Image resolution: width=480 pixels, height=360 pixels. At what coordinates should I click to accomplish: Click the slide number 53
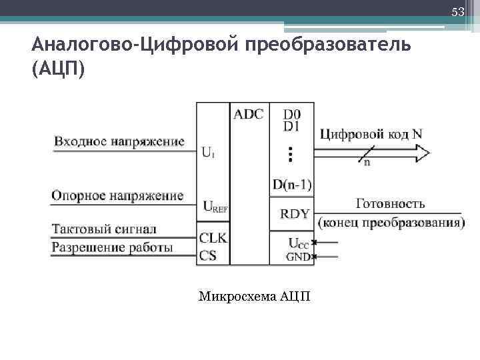(x=457, y=13)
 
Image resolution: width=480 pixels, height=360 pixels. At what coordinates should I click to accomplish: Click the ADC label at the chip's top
(x=248, y=113)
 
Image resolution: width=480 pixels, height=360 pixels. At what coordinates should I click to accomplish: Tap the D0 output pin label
(x=291, y=114)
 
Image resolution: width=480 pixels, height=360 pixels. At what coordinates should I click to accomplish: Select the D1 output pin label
(x=291, y=125)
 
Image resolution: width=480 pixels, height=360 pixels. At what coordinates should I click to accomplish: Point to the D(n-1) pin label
(x=292, y=184)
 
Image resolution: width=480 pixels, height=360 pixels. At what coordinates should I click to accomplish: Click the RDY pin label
(x=294, y=214)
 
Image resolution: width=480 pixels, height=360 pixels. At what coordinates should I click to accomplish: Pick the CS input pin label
(x=208, y=255)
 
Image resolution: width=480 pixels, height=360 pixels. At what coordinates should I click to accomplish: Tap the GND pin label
(x=298, y=257)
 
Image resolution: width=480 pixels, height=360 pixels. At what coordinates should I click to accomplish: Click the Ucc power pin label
(x=298, y=243)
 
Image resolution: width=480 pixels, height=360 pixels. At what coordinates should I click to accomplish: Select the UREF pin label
(x=214, y=207)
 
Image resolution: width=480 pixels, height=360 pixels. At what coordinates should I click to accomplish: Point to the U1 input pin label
(x=208, y=152)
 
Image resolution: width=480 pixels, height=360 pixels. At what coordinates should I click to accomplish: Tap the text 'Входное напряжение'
(x=119, y=141)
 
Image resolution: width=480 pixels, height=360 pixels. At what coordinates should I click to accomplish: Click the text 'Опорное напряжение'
(x=117, y=196)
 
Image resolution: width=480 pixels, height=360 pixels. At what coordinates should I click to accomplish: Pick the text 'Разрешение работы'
(x=112, y=248)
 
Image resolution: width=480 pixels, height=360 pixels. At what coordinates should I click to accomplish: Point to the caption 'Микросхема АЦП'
(x=254, y=295)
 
